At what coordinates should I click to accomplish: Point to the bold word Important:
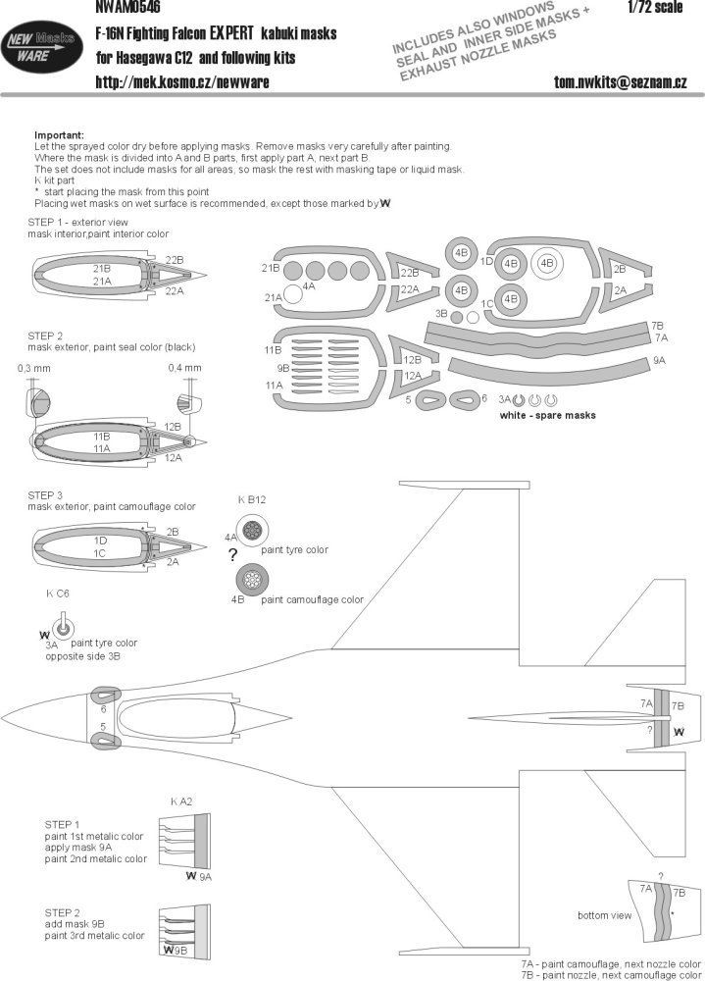coord(59,134)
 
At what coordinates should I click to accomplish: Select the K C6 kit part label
coord(57,594)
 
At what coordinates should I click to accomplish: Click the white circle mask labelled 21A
coord(292,296)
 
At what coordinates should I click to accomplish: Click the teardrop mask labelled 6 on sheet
coord(464,399)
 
